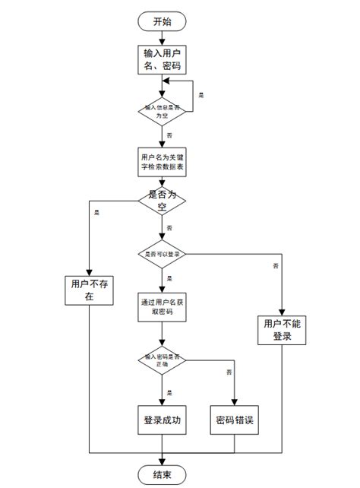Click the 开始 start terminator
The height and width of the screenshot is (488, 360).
point(162,21)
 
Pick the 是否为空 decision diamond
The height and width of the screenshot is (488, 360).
point(162,201)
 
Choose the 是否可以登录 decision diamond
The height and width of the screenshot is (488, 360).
point(162,253)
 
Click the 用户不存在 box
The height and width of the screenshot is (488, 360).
point(89,290)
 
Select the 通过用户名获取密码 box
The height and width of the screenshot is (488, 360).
point(162,306)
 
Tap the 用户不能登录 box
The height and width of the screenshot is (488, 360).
point(282,330)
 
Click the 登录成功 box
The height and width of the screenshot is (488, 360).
point(162,420)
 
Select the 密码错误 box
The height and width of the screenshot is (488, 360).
point(235,420)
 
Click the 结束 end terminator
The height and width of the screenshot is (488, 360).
point(162,474)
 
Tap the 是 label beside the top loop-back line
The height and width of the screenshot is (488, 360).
point(201,95)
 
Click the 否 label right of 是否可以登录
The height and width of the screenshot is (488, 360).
point(274,265)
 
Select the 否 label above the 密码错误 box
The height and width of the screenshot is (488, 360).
point(228,372)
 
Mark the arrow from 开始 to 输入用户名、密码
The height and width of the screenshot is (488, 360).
point(162,38)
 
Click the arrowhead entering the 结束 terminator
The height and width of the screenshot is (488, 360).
point(162,461)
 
